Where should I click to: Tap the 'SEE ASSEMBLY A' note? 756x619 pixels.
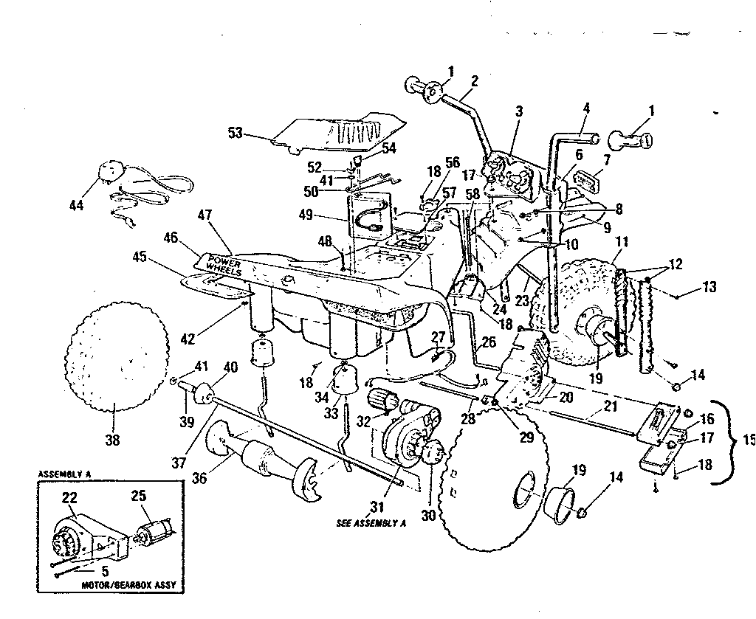(371, 523)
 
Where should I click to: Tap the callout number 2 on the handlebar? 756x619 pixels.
(474, 80)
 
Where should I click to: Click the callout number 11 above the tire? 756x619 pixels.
(622, 242)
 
